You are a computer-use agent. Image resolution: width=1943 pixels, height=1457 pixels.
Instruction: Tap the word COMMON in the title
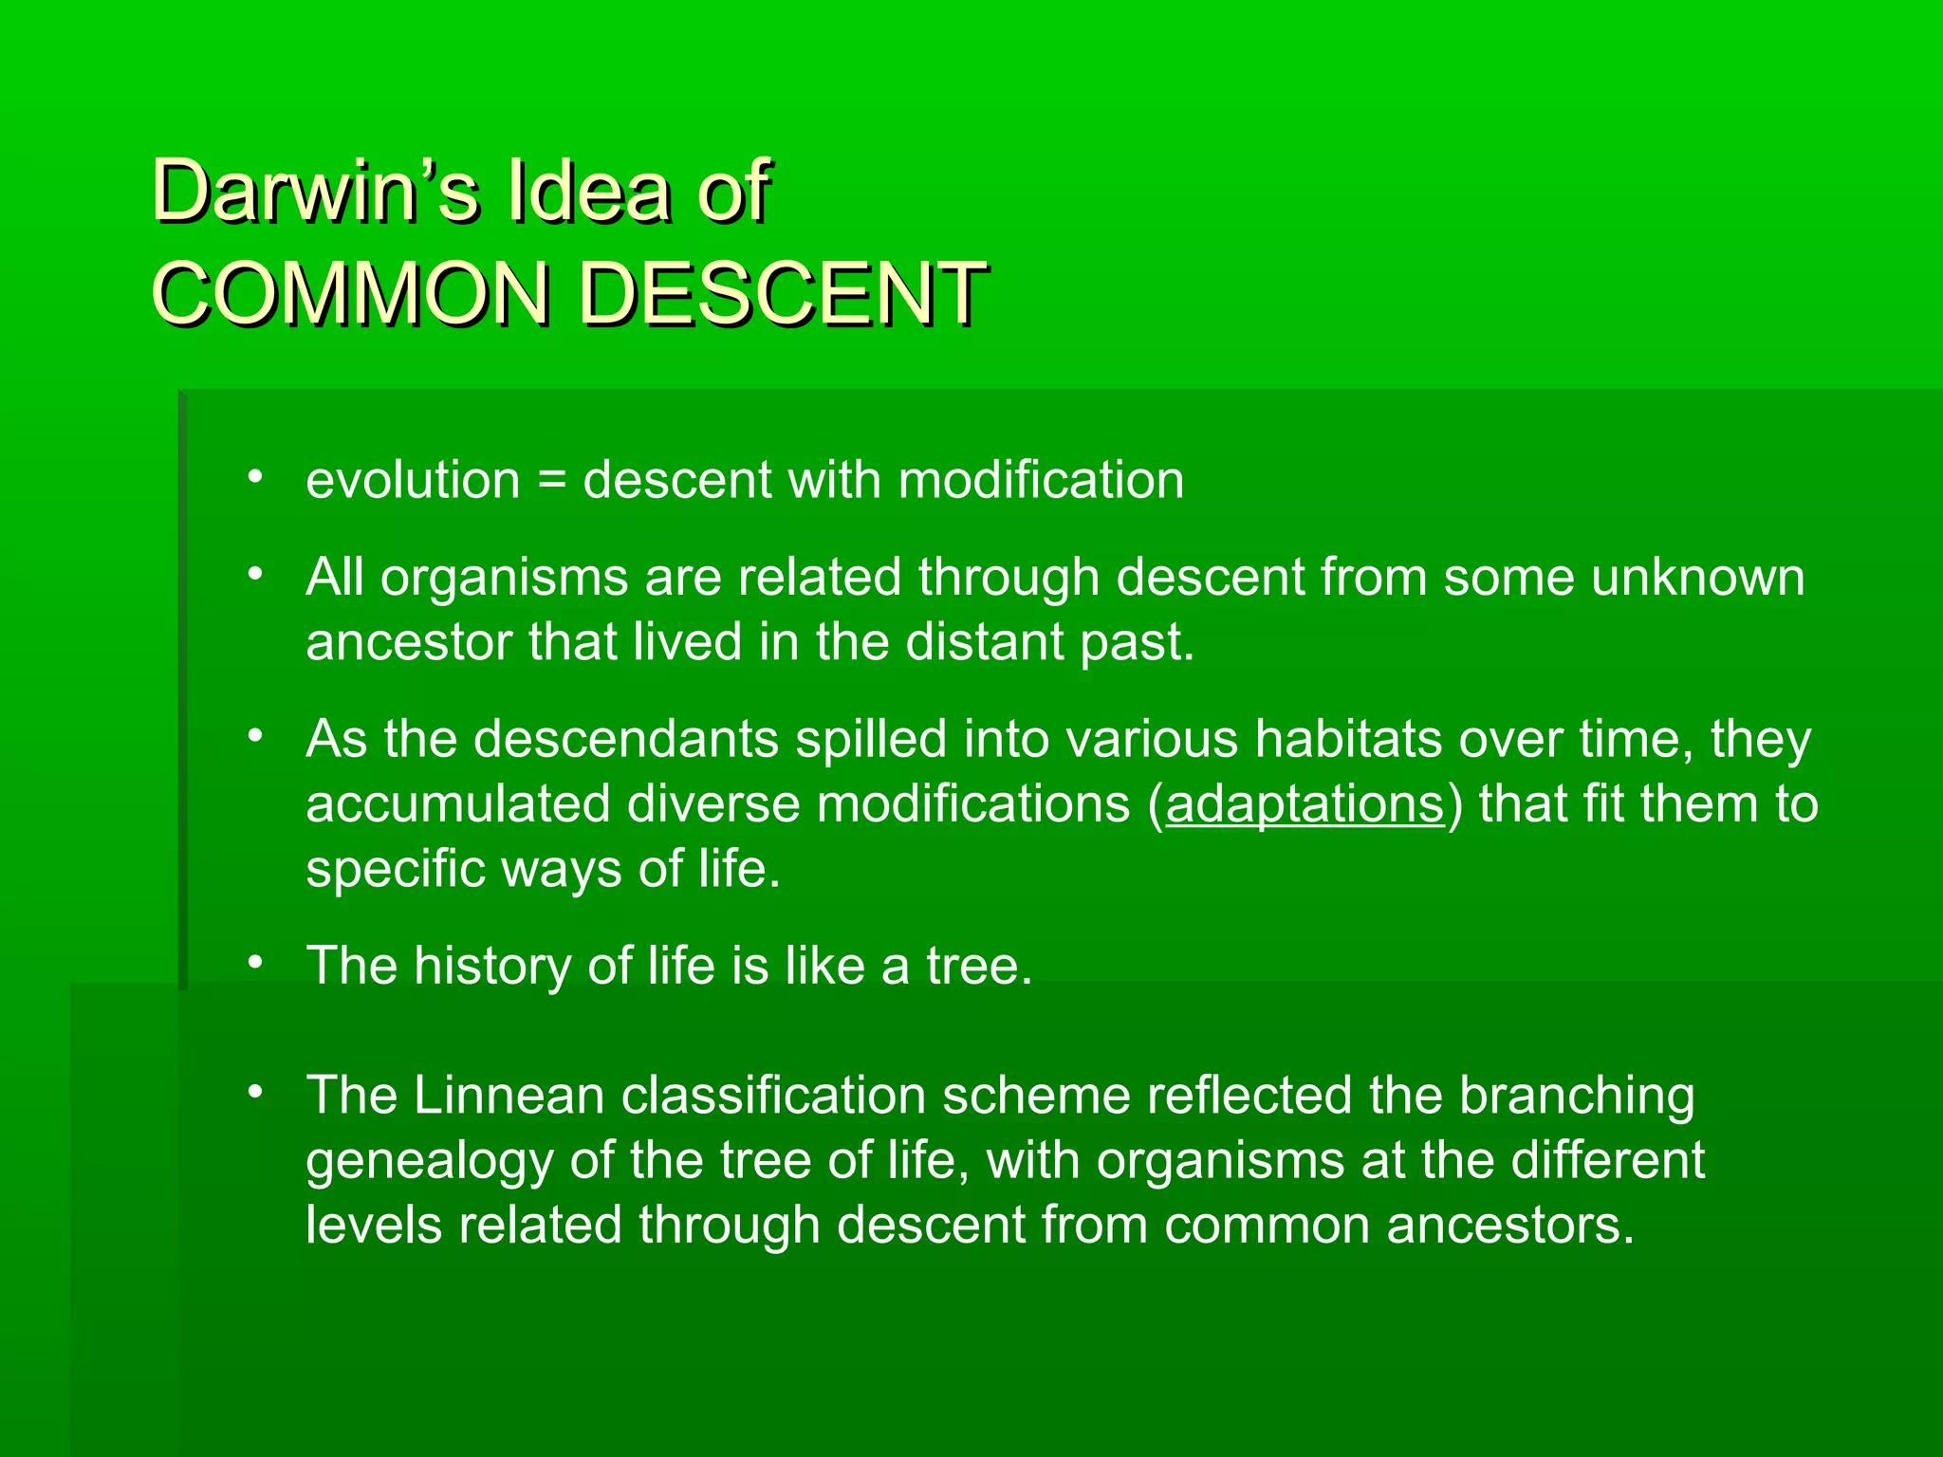pyautogui.click(x=351, y=293)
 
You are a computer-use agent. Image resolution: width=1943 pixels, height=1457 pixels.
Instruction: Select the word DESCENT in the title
pyautogui.click(x=783, y=293)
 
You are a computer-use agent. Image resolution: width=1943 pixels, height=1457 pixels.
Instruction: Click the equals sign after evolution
pyautogui.click(x=551, y=480)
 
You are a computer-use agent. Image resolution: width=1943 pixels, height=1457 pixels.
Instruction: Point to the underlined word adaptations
pyautogui.click(x=1305, y=804)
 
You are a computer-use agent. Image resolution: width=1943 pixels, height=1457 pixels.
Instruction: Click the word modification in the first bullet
pyautogui.click(x=1041, y=480)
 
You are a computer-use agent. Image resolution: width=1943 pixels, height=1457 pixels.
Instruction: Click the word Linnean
pyautogui.click(x=509, y=1096)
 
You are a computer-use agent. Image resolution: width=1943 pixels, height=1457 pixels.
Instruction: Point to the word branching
pyautogui.click(x=1576, y=1096)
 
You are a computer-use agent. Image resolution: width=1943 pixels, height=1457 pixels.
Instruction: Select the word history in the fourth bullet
pyautogui.click(x=491, y=966)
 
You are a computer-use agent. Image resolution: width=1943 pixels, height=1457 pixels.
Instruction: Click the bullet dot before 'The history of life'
pyautogui.click(x=254, y=964)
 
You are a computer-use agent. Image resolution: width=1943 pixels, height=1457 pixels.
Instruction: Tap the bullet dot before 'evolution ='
pyautogui.click(x=254, y=477)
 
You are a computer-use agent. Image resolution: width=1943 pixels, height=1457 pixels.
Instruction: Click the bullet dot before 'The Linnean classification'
pyautogui.click(x=254, y=1093)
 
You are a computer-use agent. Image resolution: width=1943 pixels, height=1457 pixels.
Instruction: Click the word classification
pyautogui.click(x=773, y=1096)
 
